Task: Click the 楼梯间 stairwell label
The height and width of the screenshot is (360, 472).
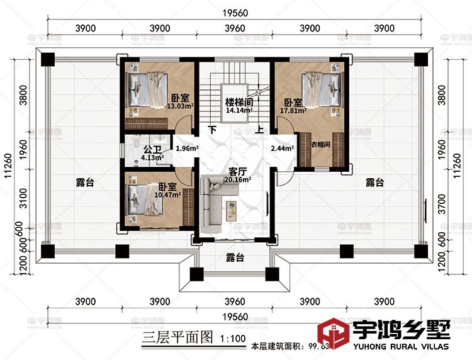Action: tap(239, 102)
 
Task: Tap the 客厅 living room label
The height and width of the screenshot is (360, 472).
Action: tap(237, 171)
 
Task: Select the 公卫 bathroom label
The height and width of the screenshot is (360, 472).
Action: tap(152, 150)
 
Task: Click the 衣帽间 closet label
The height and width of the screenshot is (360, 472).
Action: tap(321, 144)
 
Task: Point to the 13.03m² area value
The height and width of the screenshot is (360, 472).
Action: tap(179, 106)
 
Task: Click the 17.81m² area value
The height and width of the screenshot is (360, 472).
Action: tap(293, 111)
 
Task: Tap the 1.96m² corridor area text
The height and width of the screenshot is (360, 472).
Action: tap(187, 149)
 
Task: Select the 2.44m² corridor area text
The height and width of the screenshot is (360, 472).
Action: tap(281, 149)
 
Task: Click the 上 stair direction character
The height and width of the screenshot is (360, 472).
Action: tap(259, 130)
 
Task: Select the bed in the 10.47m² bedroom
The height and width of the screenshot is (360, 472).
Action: tap(146, 200)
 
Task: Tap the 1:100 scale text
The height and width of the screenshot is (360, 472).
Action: tap(233, 338)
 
